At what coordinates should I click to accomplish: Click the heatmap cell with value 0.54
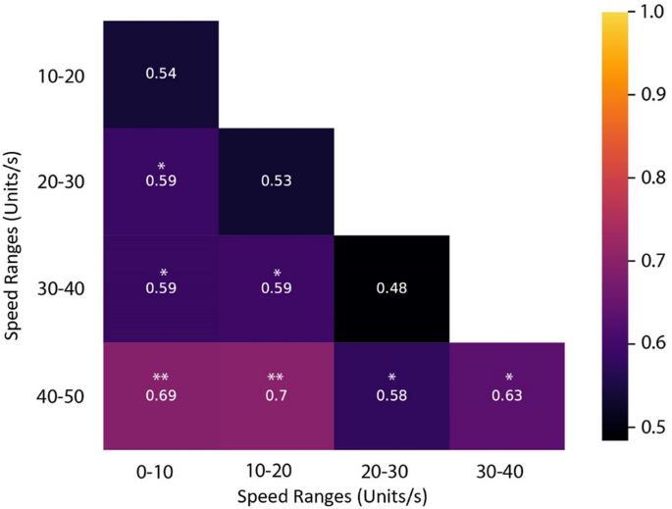pos(161,75)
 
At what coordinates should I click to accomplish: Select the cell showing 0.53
pos(277,181)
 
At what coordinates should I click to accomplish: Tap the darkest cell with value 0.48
pos(391,289)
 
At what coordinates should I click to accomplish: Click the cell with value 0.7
pos(277,395)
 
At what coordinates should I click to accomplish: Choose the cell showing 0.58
pos(391,395)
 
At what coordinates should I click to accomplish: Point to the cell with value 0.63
pos(506,395)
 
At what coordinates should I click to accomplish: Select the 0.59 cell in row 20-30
pos(161,181)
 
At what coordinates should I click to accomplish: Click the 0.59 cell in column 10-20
pos(277,289)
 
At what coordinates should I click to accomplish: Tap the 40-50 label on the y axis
pos(62,397)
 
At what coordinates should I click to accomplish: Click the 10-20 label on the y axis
pos(62,76)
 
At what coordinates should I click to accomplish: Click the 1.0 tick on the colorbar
pos(651,13)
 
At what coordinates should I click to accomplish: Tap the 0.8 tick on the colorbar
pos(651,178)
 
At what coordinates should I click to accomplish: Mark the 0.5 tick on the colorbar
pos(651,425)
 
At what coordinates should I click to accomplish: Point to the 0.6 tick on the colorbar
pos(651,342)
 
